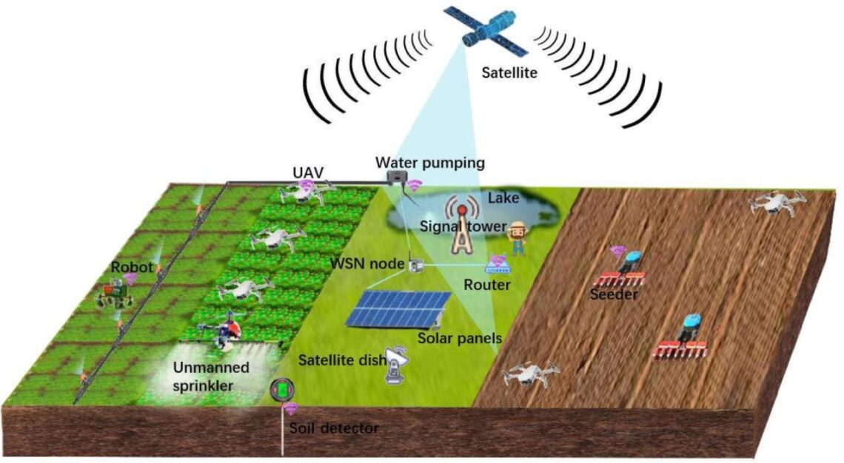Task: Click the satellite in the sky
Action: [x=486, y=31]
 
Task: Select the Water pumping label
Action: [x=419, y=162]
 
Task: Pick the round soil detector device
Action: [x=281, y=390]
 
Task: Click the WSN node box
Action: [x=415, y=264]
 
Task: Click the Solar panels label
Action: [x=460, y=339]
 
